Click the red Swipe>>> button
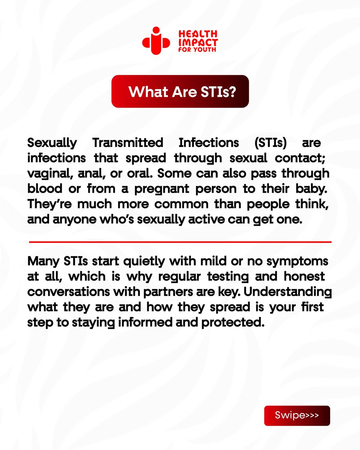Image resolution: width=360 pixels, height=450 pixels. (297, 415)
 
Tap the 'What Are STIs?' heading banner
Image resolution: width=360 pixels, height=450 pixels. (180, 91)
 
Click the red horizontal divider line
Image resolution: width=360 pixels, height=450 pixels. (180, 242)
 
